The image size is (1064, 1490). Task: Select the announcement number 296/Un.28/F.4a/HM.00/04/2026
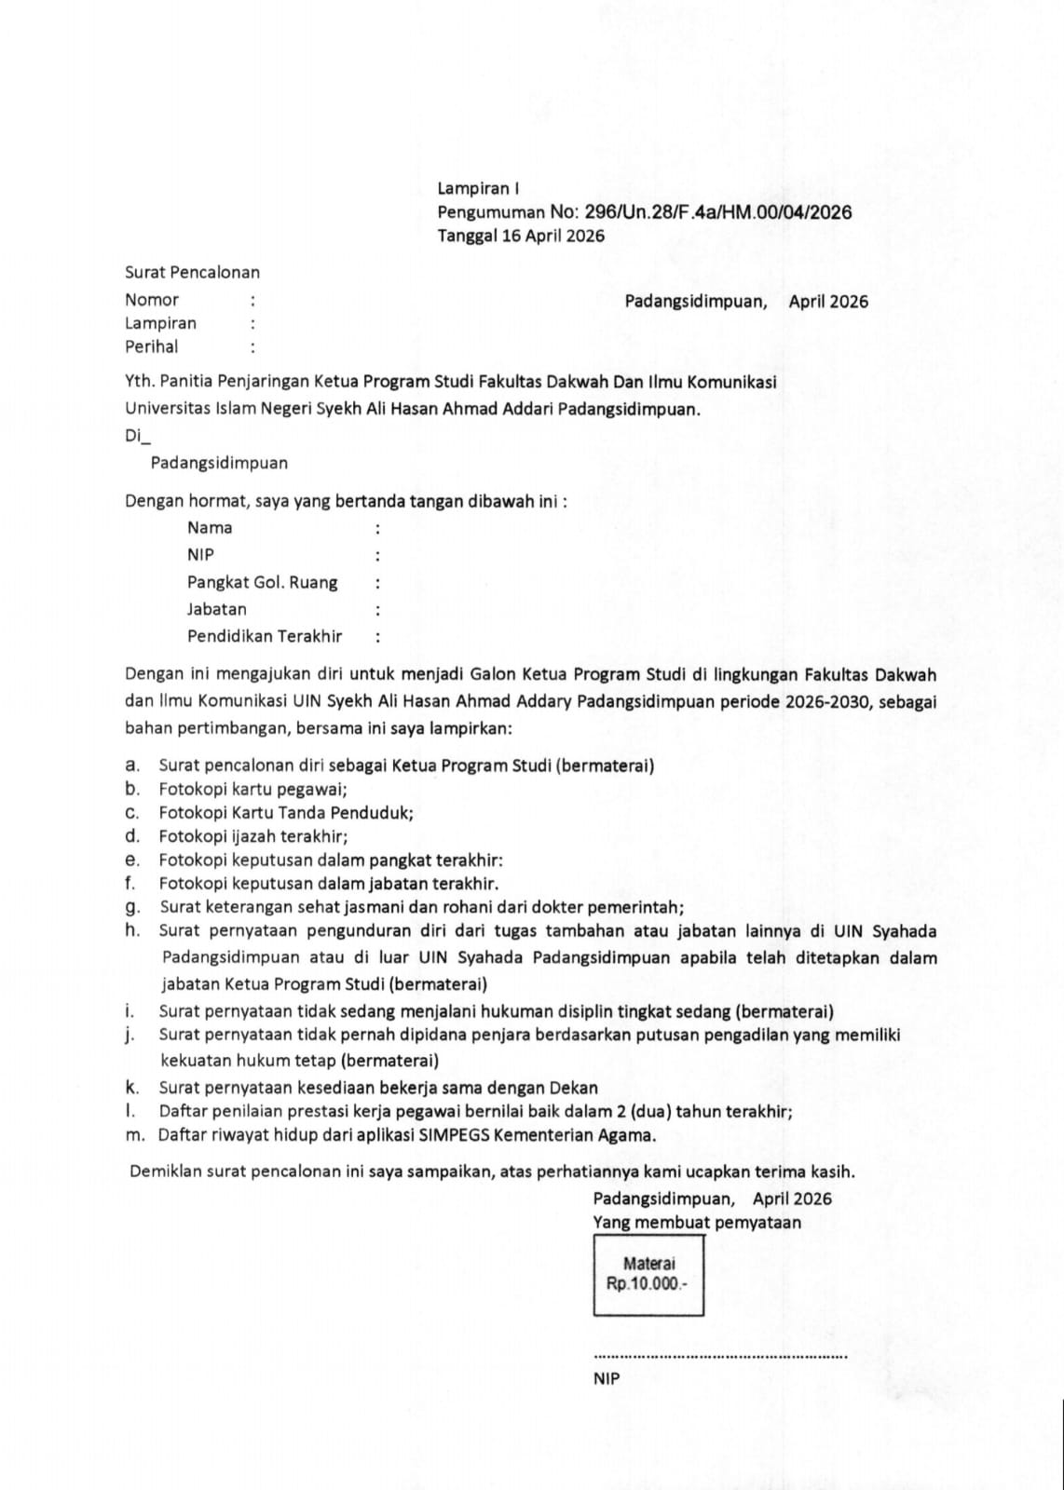(x=717, y=212)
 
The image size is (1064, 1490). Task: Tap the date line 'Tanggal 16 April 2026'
(x=521, y=236)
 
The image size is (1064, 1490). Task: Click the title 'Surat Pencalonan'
(x=192, y=273)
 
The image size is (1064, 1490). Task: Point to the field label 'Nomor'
(x=152, y=300)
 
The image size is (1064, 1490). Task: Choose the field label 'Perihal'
(x=151, y=346)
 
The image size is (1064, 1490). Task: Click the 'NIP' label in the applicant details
(x=200, y=555)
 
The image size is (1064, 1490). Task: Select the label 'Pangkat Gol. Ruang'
(x=262, y=583)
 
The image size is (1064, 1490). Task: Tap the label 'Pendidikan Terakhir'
(x=265, y=637)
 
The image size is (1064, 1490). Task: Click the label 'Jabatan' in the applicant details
(x=217, y=610)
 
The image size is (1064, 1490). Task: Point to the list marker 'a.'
(x=132, y=765)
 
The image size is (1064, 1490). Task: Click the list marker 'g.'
(x=132, y=906)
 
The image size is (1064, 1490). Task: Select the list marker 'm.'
(x=134, y=1135)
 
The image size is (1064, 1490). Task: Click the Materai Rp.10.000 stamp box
(x=648, y=1275)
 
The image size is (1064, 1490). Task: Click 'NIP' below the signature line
(x=606, y=1380)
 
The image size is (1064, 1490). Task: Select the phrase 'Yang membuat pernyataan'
(x=697, y=1223)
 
